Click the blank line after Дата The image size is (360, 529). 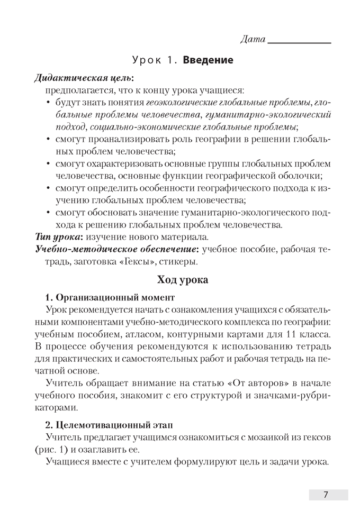(300, 41)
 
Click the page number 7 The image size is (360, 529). (327, 495)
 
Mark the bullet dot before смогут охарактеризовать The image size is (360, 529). (49, 164)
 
